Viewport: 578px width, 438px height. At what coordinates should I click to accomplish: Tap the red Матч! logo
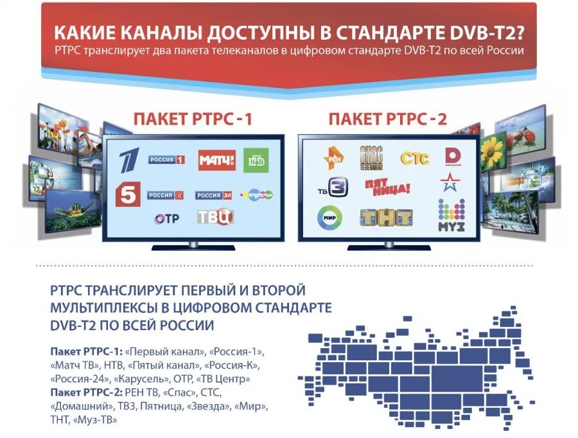click(216, 159)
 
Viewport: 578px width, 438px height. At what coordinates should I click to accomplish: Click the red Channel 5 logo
click(128, 194)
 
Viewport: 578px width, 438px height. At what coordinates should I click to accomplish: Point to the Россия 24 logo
click(214, 195)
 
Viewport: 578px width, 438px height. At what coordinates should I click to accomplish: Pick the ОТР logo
click(167, 218)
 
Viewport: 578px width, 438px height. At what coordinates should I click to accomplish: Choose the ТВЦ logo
click(215, 217)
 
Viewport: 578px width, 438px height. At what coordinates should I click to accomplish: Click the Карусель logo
click(257, 194)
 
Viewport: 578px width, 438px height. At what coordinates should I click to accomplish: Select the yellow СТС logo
click(415, 157)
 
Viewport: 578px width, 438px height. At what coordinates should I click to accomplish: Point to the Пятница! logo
click(387, 188)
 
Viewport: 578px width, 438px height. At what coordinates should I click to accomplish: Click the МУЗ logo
click(451, 216)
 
